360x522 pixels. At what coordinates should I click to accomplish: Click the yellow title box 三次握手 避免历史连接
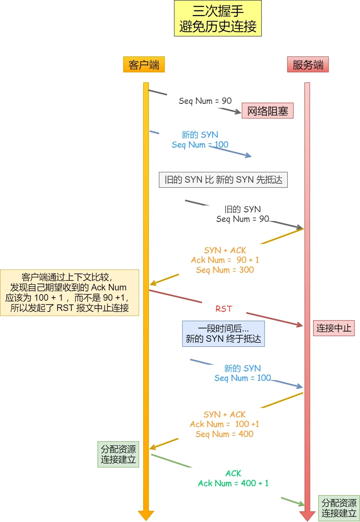218,18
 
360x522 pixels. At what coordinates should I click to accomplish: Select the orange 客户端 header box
144,65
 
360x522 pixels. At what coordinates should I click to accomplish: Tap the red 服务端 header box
308,65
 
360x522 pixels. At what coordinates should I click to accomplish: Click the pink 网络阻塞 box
267,111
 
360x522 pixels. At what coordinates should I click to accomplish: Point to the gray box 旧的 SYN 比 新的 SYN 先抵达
223,180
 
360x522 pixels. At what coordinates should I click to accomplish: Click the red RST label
224,309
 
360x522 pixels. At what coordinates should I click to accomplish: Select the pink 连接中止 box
334,328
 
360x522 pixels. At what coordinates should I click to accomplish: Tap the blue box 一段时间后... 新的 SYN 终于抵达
223,334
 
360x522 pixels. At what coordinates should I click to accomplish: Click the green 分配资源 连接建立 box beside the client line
118,454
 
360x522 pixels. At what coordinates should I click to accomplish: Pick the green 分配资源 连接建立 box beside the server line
339,508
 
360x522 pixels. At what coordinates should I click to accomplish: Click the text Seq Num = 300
225,270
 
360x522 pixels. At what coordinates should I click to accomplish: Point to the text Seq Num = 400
224,434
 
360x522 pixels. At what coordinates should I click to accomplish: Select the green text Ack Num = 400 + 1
233,483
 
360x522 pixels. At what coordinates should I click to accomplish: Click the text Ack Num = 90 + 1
225,260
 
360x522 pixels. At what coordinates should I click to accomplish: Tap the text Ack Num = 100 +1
224,424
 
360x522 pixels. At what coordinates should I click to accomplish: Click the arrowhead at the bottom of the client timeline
146,515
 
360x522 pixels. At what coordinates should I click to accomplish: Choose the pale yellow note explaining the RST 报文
69,292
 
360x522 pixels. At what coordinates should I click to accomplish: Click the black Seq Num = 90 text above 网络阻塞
205,101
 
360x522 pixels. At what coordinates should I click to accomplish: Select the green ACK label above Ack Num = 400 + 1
233,473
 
